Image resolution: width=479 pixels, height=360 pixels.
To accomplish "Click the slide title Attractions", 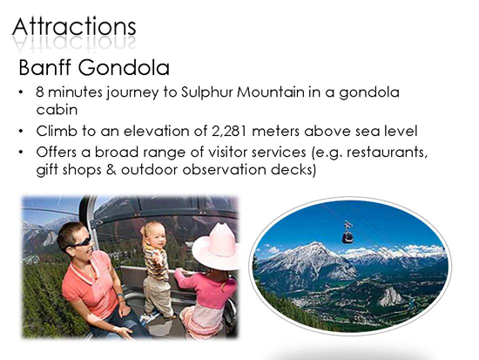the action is pos(74,27).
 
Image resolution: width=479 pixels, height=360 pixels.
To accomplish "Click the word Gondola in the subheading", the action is pos(124,68).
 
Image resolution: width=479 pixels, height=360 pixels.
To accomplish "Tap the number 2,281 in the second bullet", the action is pos(229,132).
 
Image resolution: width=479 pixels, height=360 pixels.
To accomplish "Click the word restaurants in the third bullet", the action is pos(387,153).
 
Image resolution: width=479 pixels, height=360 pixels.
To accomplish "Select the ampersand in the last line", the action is pos(111,170).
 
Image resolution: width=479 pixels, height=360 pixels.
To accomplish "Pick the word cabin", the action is pos(57,110).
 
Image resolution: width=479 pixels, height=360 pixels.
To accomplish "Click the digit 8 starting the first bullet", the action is pos(40,92).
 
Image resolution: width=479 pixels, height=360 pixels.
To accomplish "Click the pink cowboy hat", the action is pos(216,247).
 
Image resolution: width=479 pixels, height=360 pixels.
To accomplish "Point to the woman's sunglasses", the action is pos(80,242).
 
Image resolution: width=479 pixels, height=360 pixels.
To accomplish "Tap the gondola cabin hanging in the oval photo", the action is pos(347,233).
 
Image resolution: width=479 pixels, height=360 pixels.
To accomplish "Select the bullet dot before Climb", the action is pos(21,132).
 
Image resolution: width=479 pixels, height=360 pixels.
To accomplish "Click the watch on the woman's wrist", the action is pos(120,295).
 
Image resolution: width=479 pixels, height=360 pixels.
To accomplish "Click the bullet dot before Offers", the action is pos(21,152).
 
